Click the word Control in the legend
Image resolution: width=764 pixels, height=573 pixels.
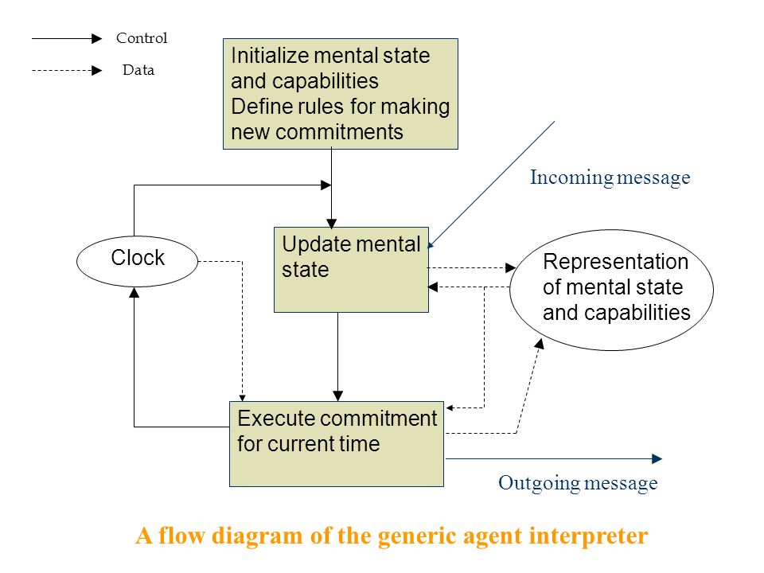click(142, 38)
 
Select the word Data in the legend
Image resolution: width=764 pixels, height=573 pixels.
click(138, 70)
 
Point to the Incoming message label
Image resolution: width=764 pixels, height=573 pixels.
click(610, 177)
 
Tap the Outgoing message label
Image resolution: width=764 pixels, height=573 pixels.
click(578, 483)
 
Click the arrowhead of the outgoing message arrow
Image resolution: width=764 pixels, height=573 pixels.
click(657, 458)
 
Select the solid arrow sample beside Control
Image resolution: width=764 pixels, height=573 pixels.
click(67, 38)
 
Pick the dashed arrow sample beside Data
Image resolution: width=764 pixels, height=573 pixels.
click(67, 71)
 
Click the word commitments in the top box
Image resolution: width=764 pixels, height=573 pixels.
click(339, 132)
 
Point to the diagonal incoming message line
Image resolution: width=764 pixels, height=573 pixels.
click(492, 184)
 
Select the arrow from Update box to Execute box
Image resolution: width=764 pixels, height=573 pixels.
click(337, 357)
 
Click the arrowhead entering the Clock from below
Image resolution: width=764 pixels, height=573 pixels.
click(134, 292)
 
